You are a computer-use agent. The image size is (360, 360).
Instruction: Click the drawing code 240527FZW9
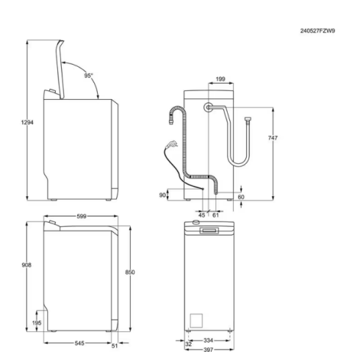[x=318, y=32]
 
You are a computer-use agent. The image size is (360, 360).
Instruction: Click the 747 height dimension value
[x=273, y=139]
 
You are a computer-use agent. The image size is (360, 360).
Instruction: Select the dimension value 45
[x=201, y=215]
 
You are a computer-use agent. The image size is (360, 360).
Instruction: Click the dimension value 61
[x=215, y=215]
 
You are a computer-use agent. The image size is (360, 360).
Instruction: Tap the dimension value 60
[x=241, y=196]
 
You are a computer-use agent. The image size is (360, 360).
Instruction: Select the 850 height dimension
[x=130, y=273]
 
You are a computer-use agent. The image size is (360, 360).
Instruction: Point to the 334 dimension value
[x=207, y=340]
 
